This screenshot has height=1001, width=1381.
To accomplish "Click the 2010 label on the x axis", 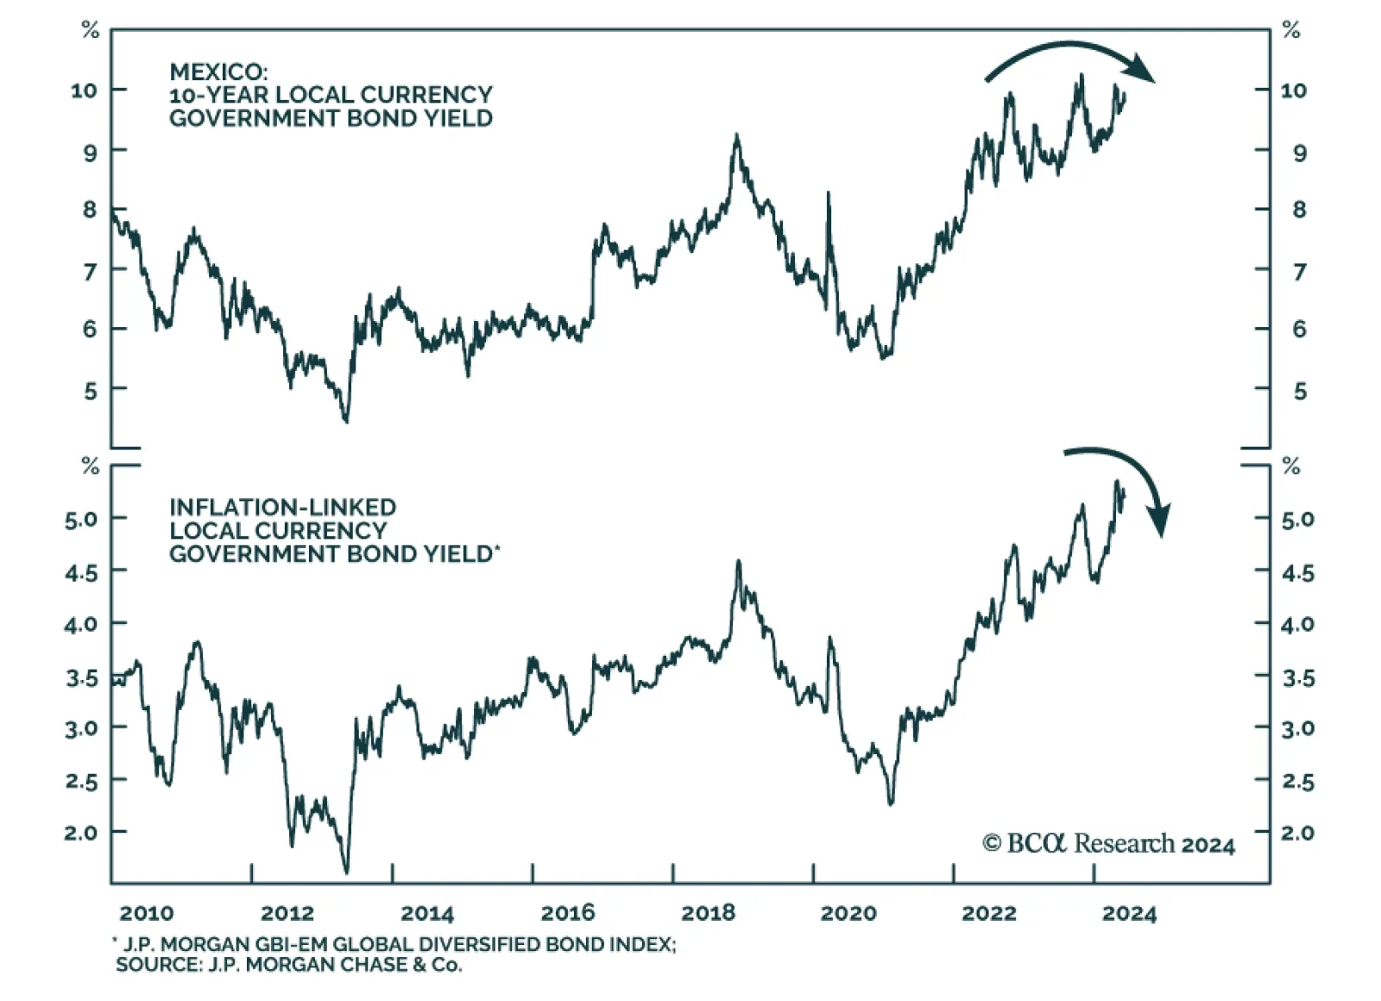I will click(x=146, y=913).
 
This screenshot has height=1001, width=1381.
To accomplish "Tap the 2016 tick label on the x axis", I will click(x=567, y=913).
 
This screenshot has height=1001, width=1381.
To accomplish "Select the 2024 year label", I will click(x=1128, y=913).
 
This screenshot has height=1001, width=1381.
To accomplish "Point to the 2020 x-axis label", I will click(x=848, y=913).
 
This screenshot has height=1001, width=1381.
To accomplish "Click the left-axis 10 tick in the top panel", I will click(x=85, y=90).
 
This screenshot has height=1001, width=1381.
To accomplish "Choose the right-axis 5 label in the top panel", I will click(x=1300, y=391).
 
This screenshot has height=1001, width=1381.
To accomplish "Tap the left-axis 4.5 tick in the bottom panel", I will click(x=81, y=571).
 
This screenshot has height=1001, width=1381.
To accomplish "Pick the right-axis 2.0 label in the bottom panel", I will click(x=1297, y=833).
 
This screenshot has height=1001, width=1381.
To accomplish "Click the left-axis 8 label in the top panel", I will click(x=90, y=210).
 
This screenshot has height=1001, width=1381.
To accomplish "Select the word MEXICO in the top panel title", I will click(x=218, y=72).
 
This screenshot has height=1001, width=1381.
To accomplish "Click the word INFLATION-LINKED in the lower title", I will click(x=282, y=507).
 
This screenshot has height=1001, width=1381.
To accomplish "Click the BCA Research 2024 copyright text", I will click(x=1108, y=843).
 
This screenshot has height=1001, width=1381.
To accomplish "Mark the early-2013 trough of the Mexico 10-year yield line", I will click(x=346, y=421).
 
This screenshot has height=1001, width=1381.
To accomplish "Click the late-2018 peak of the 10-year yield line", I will click(x=736, y=135).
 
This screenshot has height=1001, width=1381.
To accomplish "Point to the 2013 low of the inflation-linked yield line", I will click(x=347, y=872).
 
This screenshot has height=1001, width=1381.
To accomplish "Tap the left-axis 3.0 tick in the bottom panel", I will click(x=81, y=727).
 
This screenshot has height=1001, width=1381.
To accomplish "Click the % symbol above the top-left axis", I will click(x=90, y=31).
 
